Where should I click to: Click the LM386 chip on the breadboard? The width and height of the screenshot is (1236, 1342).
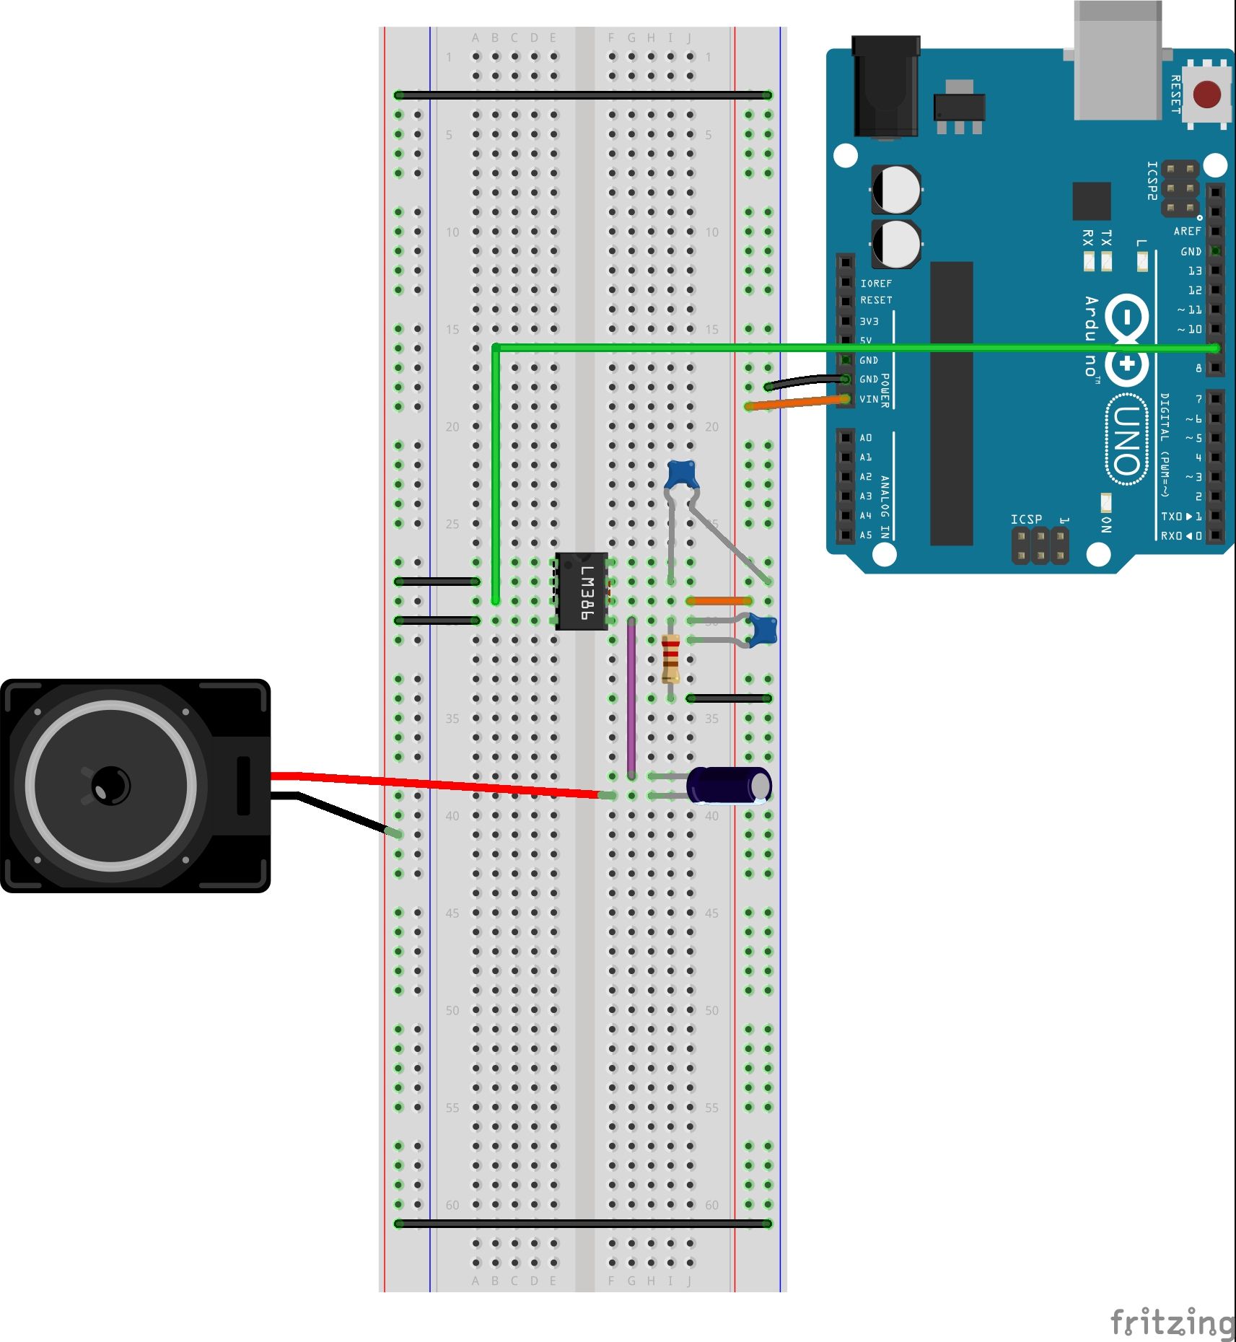[582, 591]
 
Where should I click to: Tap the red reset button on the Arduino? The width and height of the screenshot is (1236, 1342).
[1206, 95]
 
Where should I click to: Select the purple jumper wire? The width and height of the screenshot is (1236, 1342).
[631, 696]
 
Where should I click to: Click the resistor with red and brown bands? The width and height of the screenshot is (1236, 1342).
[670, 658]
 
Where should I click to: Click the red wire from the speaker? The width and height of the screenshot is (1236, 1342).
[433, 784]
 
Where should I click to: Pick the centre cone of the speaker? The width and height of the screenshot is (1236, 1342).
[110, 785]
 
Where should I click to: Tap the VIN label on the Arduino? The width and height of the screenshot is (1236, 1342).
[869, 399]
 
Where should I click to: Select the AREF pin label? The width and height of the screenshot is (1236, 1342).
[1187, 232]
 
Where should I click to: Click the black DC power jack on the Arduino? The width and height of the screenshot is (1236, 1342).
[885, 87]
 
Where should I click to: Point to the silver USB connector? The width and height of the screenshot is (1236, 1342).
[1117, 61]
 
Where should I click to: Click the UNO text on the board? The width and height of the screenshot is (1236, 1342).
[1126, 440]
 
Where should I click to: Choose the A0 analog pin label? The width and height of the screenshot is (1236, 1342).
[865, 438]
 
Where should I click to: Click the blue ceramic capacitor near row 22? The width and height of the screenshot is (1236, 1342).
[681, 474]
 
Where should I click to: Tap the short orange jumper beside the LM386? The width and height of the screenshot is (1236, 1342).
[719, 600]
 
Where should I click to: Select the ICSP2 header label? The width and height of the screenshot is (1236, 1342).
[1152, 180]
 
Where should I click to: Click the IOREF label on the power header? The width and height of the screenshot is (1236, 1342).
[875, 284]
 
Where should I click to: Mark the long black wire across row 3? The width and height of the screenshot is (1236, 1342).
[583, 95]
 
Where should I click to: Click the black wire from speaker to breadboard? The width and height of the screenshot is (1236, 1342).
[339, 813]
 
